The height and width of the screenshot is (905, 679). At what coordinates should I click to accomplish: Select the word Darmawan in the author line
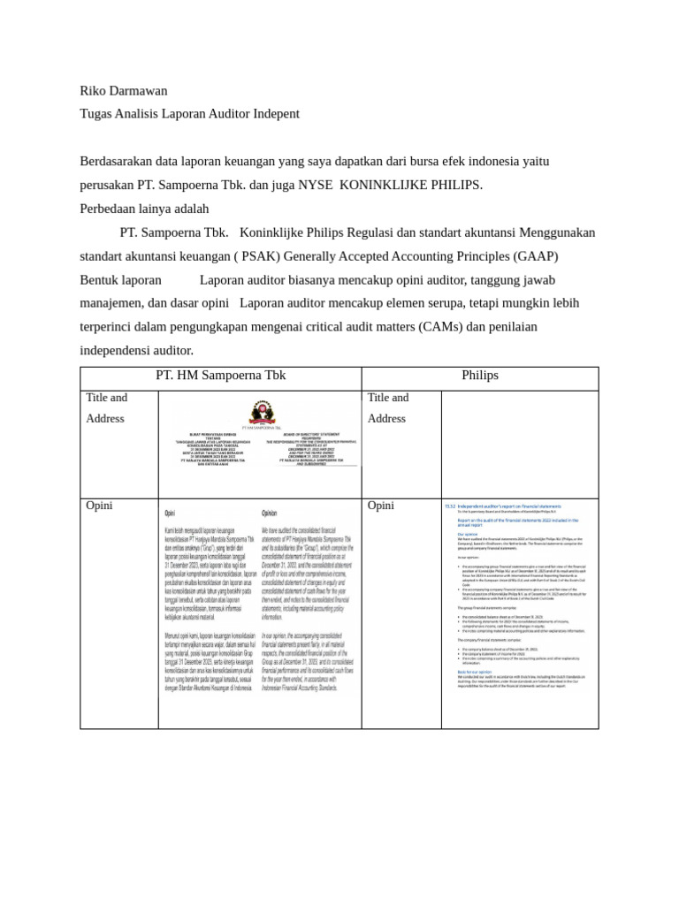(140, 91)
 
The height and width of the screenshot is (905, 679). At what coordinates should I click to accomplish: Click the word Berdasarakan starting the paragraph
(122, 162)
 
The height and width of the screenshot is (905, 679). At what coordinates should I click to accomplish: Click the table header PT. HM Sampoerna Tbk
(220, 376)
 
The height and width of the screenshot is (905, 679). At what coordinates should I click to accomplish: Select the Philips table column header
(479, 376)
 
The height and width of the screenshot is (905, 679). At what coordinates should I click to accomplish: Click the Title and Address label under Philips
(388, 408)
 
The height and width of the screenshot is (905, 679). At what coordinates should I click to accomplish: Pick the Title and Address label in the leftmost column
(107, 408)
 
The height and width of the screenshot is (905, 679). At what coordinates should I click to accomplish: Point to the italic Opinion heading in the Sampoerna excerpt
(270, 513)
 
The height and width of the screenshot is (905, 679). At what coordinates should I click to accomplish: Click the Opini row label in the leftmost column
(99, 506)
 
